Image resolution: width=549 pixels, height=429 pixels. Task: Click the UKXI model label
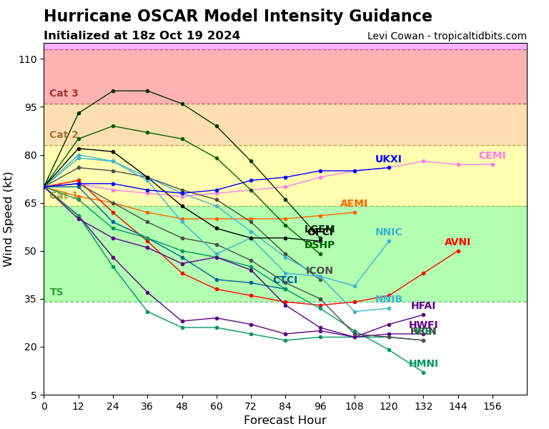pyautogui.click(x=388, y=159)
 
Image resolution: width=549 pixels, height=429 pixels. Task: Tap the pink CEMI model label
pyautogui.click(x=492, y=156)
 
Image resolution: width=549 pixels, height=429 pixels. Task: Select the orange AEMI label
pyautogui.click(x=354, y=204)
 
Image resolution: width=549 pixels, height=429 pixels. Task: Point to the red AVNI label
pyautogui.click(x=457, y=242)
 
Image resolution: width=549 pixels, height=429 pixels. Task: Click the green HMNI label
pyautogui.click(x=423, y=364)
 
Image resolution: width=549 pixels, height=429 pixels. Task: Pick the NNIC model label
pyautogui.click(x=388, y=232)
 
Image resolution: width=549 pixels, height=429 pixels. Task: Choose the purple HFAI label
pyautogui.click(x=423, y=306)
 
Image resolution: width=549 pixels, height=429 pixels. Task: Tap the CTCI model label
pyautogui.click(x=285, y=280)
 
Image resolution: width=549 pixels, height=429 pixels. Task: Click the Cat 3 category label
pyautogui.click(x=64, y=94)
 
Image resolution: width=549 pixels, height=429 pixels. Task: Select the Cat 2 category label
pyautogui.click(x=64, y=135)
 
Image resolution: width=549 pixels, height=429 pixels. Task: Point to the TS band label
pyautogui.click(x=56, y=292)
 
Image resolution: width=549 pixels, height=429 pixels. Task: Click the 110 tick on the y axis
pyautogui.click(x=28, y=59)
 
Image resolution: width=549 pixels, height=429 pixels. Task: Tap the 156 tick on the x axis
pyautogui.click(x=492, y=406)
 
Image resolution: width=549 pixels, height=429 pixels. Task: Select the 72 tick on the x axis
pyautogui.click(x=251, y=406)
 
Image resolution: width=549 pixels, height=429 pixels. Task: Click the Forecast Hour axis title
pyautogui.click(x=285, y=420)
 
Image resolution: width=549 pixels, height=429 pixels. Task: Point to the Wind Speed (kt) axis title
pyautogui.click(x=9, y=219)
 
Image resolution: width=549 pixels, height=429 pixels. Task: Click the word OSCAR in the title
pyautogui.click(x=229, y=16)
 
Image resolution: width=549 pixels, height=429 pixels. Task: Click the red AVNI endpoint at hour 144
pyautogui.click(x=457, y=251)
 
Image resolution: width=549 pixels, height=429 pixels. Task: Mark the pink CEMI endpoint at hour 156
pyautogui.click(x=492, y=164)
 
